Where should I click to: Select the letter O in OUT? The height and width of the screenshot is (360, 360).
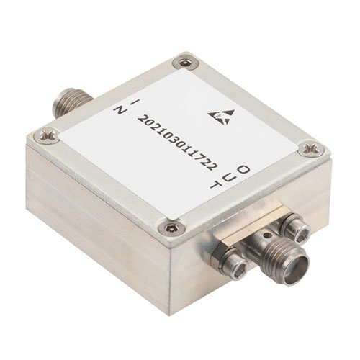tap(243, 170)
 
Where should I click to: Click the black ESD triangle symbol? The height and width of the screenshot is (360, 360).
tap(221, 116)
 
